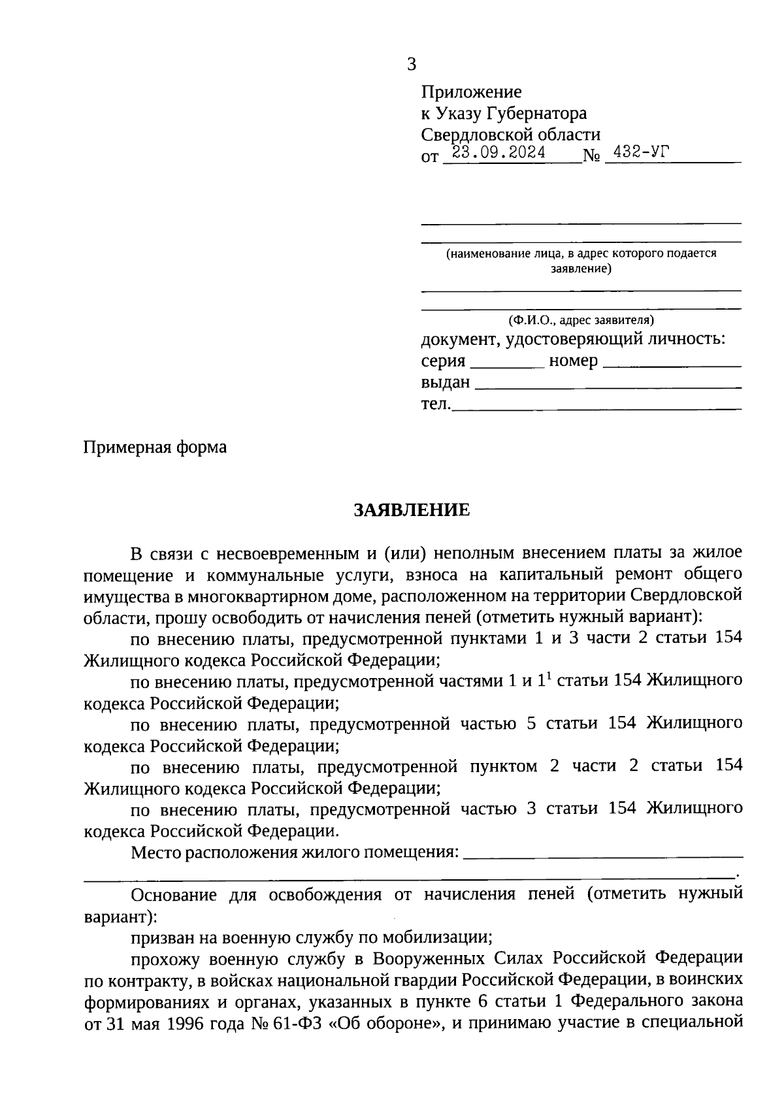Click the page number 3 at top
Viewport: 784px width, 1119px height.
(411, 64)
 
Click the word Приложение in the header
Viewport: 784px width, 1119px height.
(471, 92)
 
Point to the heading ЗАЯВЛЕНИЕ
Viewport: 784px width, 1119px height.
(412, 510)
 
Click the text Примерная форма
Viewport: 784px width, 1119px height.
(155, 447)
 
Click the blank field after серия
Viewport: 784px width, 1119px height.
(507, 363)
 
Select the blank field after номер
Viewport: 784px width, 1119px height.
(672, 363)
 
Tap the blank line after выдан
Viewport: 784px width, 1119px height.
(608, 385)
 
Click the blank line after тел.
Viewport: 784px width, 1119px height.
(596, 406)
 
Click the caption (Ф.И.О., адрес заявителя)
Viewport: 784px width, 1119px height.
(581, 320)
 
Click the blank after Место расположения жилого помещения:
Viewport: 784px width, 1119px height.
(602, 853)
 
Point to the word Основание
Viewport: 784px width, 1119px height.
(174, 895)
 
